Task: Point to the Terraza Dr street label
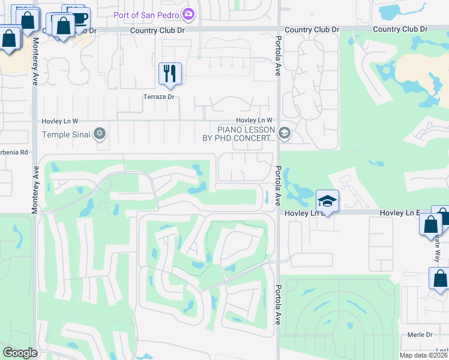tap(158, 97)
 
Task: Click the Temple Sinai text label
tap(66, 134)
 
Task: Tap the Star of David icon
tap(100, 134)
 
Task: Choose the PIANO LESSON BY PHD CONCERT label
tap(246, 134)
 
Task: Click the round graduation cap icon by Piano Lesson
tap(285, 134)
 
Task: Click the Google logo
tap(20, 353)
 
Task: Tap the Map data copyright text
tap(423, 355)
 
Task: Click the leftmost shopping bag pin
tap(10, 40)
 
